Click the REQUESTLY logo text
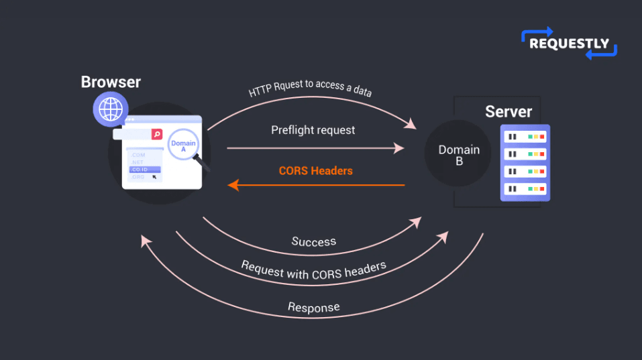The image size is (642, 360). (569, 44)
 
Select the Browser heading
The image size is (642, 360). (111, 82)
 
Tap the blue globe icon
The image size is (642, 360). (110, 109)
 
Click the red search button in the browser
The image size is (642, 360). (157, 134)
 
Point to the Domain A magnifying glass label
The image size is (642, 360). (183, 147)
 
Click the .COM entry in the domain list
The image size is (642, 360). (138, 155)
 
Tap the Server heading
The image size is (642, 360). (509, 111)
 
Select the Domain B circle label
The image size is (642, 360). (459, 155)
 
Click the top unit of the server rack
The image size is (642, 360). (525, 137)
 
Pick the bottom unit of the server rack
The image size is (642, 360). (525, 189)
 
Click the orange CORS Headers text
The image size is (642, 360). (315, 171)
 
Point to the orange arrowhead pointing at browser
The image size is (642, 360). (233, 184)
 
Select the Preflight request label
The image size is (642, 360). (313, 130)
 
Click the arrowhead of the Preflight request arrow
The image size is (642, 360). (400, 148)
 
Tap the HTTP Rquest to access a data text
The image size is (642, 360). (310, 88)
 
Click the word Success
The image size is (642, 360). (314, 241)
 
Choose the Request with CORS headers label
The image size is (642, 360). (313, 270)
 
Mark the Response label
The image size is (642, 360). (313, 308)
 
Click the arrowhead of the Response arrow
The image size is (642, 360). (144, 240)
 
